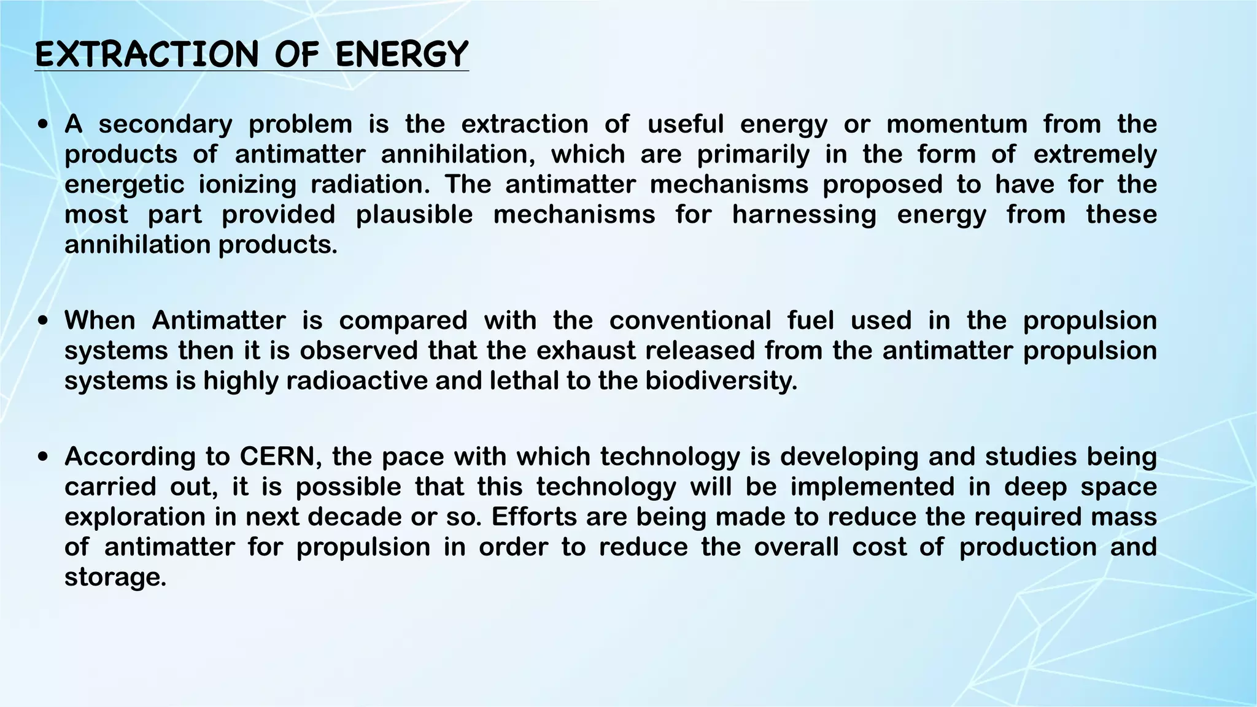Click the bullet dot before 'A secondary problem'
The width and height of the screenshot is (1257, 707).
[42, 125]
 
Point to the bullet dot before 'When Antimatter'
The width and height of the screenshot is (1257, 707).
[42, 322]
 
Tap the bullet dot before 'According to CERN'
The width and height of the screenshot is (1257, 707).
[42, 458]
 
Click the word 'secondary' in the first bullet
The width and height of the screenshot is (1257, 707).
[166, 125]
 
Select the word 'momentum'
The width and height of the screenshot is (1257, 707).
[957, 125]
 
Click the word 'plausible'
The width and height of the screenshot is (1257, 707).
[414, 215]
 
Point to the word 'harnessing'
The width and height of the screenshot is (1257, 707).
[804, 215]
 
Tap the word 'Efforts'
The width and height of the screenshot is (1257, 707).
[534, 517]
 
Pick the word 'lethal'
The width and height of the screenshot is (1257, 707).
[524, 381]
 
